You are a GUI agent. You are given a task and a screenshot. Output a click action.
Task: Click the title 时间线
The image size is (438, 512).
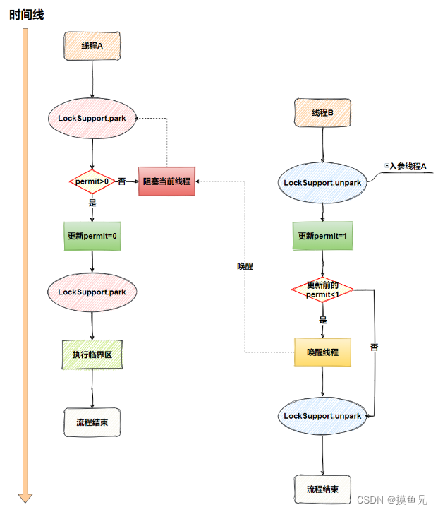27,14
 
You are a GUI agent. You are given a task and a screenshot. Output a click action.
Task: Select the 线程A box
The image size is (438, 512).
92,46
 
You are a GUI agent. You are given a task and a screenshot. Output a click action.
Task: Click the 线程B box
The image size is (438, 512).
322,113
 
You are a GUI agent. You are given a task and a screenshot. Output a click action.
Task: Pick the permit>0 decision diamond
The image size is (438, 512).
92,181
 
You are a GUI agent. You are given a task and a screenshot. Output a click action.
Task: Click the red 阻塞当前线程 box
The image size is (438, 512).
166,181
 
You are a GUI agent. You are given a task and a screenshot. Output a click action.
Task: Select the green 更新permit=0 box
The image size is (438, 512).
92,236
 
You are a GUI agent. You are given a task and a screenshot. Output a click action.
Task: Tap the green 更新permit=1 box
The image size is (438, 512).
322,236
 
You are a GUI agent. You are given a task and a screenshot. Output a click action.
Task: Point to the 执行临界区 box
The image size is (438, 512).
92,355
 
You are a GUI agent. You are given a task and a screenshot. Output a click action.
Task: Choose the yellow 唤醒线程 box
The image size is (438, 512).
322,352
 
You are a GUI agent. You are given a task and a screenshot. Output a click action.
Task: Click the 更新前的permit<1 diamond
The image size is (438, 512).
322,290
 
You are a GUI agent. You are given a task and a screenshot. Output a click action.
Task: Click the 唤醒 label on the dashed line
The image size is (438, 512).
245,267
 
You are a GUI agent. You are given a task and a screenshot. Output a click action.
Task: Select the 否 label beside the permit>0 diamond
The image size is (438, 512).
121,181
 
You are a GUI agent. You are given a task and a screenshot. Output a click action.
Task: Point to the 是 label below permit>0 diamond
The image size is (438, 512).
92,202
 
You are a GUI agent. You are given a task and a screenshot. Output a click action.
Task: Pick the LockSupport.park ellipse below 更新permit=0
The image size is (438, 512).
92,291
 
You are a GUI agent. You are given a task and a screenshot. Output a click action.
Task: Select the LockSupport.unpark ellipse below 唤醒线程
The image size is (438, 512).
322,416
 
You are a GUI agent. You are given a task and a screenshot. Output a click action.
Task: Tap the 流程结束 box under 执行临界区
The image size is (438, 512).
92,422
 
